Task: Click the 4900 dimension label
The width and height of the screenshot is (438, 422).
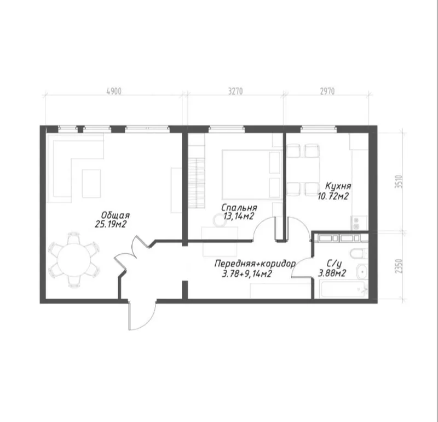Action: (x=114, y=91)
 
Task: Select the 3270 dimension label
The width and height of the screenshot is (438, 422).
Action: (x=235, y=91)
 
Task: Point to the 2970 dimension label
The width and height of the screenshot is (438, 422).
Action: (x=327, y=91)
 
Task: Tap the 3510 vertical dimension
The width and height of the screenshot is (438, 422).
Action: (x=399, y=181)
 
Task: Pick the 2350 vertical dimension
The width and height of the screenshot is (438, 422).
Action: (x=399, y=266)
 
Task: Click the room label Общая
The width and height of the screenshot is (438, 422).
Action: (x=116, y=215)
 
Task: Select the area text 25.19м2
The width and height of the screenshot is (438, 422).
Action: (x=111, y=224)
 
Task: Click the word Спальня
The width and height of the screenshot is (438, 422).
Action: (x=239, y=208)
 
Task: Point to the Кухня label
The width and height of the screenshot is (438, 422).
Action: (x=338, y=186)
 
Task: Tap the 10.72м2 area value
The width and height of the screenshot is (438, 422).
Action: (x=333, y=196)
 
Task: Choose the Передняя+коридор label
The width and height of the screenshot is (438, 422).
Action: (x=255, y=264)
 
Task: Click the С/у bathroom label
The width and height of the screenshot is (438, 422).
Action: (x=334, y=264)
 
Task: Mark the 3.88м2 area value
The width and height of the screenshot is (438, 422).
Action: (x=332, y=273)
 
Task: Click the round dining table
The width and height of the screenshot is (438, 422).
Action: (x=74, y=260)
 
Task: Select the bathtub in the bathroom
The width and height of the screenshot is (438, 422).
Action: (x=344, y=290)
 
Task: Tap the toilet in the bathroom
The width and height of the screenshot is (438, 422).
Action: (x=359, y=254)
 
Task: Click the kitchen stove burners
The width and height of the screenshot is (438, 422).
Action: (x=356, y=223)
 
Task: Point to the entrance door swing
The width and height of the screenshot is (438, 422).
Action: (x=142, y=316)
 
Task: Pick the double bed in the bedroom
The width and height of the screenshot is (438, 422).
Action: (x=251, y=174)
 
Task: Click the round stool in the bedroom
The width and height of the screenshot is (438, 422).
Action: (x=220, y=220)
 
